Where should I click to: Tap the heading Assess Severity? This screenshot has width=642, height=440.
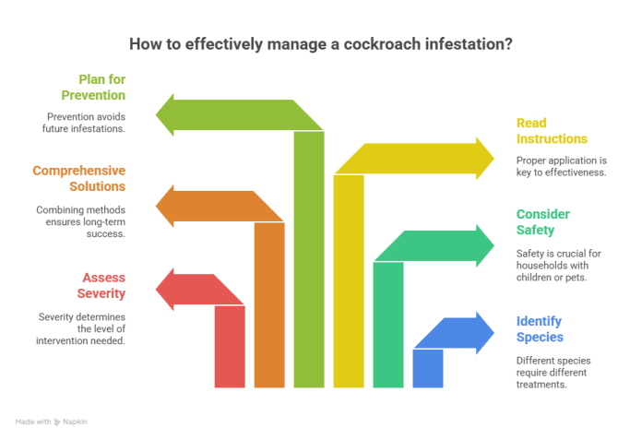click(102, 285)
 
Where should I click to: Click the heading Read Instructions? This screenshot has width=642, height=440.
click(551, 130)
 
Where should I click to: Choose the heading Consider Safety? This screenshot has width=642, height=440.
click(542, 222)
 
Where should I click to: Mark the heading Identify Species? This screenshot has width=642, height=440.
click(539, 329)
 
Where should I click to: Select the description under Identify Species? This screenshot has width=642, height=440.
click(553, 372)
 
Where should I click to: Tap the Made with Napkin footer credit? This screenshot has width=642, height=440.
click(52, 422)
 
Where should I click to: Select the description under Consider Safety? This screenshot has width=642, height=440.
click(559, 265)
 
